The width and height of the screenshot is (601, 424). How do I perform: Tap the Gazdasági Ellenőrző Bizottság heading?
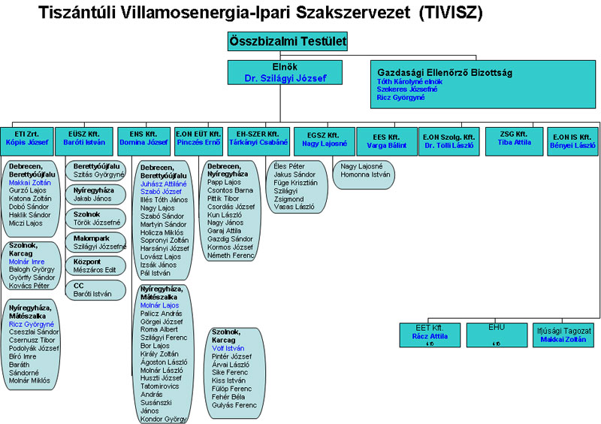[445, 72]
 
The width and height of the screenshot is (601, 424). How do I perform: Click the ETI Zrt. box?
[26, 138]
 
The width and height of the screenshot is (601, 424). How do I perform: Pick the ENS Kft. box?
[143, 138]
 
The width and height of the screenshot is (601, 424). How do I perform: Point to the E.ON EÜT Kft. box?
[198, 138]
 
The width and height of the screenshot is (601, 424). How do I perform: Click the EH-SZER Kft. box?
[258, 138]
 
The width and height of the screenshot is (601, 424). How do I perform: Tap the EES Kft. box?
[385, 138]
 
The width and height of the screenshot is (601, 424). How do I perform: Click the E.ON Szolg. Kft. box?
[448, 138]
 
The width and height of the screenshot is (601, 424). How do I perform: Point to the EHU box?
[497, 334]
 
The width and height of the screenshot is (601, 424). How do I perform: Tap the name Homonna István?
[366, 175]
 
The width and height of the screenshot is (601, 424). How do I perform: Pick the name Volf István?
[229, 348]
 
